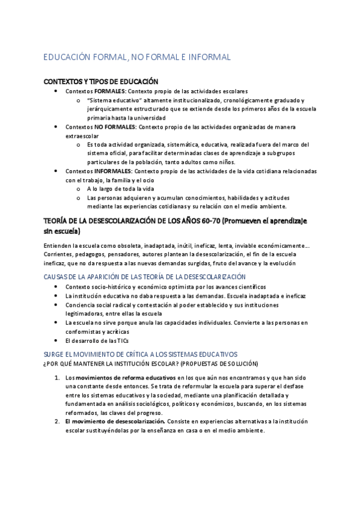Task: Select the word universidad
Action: tap(146, 118)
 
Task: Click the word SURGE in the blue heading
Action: tap(56, 354)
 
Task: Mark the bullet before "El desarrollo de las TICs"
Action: tap(56, 340)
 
